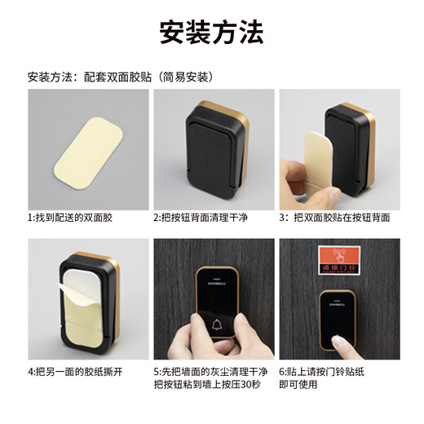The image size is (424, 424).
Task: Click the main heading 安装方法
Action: click(x=211, y=33)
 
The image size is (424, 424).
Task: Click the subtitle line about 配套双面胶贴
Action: click(x=120, y=77)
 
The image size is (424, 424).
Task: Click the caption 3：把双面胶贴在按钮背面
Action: click(x=334, y=218)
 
